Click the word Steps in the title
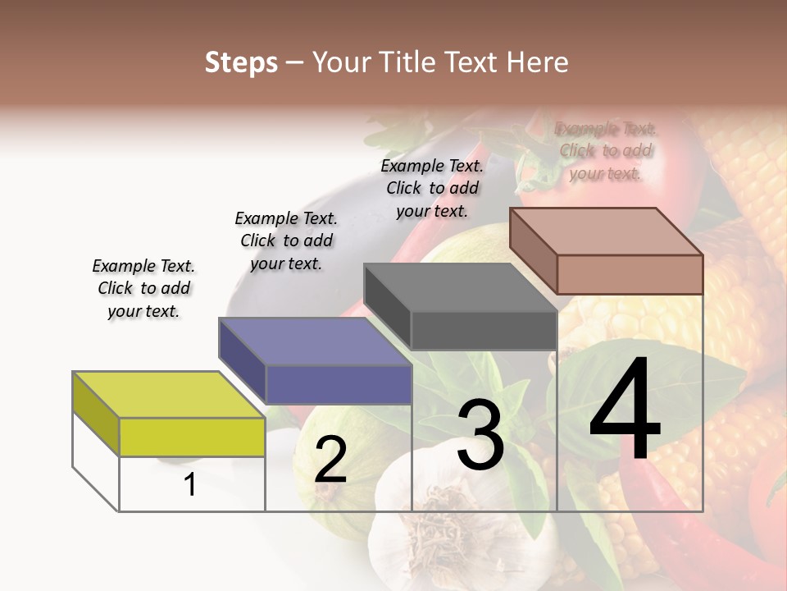coord(241,62)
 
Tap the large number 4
coord(625,411)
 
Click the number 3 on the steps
coord(480,436)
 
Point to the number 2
coord(330,460)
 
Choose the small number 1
coord(190,485)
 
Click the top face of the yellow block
coord(169,394)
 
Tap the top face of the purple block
coord(315,341)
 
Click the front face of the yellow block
coord(192,437)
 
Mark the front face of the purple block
coord(338,384)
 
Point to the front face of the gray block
coord(484,330)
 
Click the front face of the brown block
coord(630,274)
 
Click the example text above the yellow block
coord(143,288)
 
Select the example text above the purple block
coord(286,241)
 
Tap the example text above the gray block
coord(432,188)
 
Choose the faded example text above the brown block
coord(605,151)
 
